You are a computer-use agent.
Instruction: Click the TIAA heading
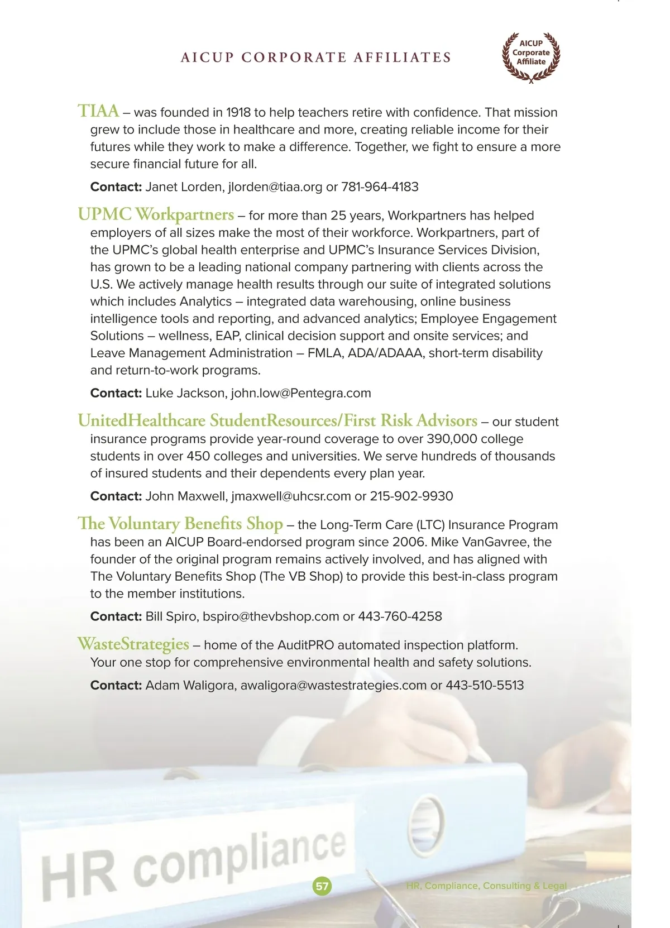98,111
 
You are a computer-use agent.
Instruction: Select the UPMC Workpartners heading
156,214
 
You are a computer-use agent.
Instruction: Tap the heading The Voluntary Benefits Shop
180,524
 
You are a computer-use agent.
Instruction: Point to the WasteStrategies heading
133,644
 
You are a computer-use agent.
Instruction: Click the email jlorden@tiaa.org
275,187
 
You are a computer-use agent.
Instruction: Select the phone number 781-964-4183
380,187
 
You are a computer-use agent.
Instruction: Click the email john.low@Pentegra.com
301,393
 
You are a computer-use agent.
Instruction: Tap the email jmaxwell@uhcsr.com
291,496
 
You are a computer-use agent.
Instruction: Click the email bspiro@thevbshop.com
271,616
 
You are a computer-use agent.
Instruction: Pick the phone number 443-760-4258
400,616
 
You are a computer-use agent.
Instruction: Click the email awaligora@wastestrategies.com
333,685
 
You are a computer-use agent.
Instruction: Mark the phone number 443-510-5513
485,685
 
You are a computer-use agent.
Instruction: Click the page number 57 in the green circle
322,886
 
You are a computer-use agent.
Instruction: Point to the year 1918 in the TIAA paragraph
238,113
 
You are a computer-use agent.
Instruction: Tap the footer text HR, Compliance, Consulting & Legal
486,886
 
